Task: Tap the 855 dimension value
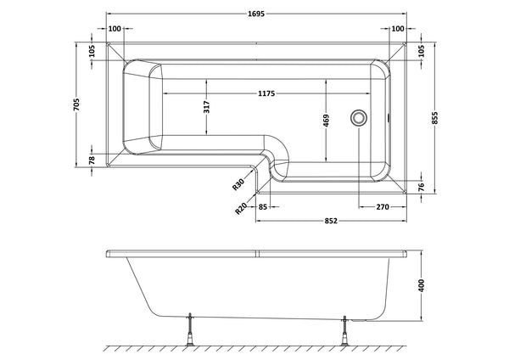click(435, 120)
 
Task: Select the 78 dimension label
click(92, 160)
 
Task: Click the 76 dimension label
click(420, 187)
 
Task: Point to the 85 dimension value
click(263, 206)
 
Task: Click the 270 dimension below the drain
click(383, 206)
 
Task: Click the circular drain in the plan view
click(361, 117)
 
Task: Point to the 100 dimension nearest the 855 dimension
click(396, 29)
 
